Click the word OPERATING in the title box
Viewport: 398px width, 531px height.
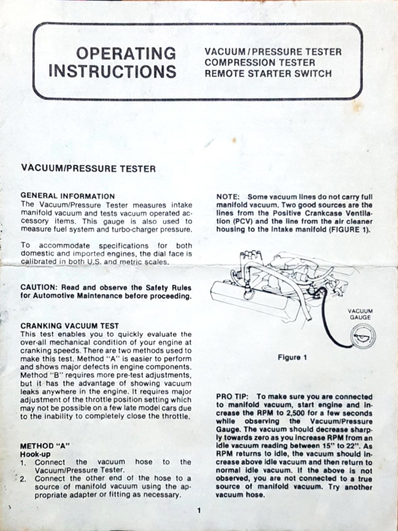pyautogui.click(x=126, y=53)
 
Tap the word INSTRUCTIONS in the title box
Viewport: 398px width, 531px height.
pyautogui.click(x=112, y=71)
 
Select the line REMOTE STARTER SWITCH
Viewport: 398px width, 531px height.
pyautogui.click(x=268, y=74)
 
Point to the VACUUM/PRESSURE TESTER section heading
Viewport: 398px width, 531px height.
pyautogui.click(x=88, y=169)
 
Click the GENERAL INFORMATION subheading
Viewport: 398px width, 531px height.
pyautogui.click(x=67, y=196)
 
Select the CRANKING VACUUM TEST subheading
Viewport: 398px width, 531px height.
pyautogui.click(x=69, y=326)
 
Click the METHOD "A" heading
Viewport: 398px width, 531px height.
pyautogui.click(x=45, y=445)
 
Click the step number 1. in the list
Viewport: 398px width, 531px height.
pyautogui.click(x=24, y=462)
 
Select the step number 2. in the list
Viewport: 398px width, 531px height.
pyautogui.click(x=24, y=479)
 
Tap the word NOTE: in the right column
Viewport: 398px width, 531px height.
pyautogui.click(x=228, y=197)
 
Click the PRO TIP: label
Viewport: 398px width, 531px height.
pyautogui.click(x=233, y=396)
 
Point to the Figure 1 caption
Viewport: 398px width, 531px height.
pyautogui.click(x=292, y=357)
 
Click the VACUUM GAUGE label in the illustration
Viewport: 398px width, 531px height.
pyautogui.click(x=360, y=314)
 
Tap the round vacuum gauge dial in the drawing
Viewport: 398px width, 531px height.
pyautogui.click(x=363, y=338)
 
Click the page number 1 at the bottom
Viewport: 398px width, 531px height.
pyautogui.click(x=198, y=511)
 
